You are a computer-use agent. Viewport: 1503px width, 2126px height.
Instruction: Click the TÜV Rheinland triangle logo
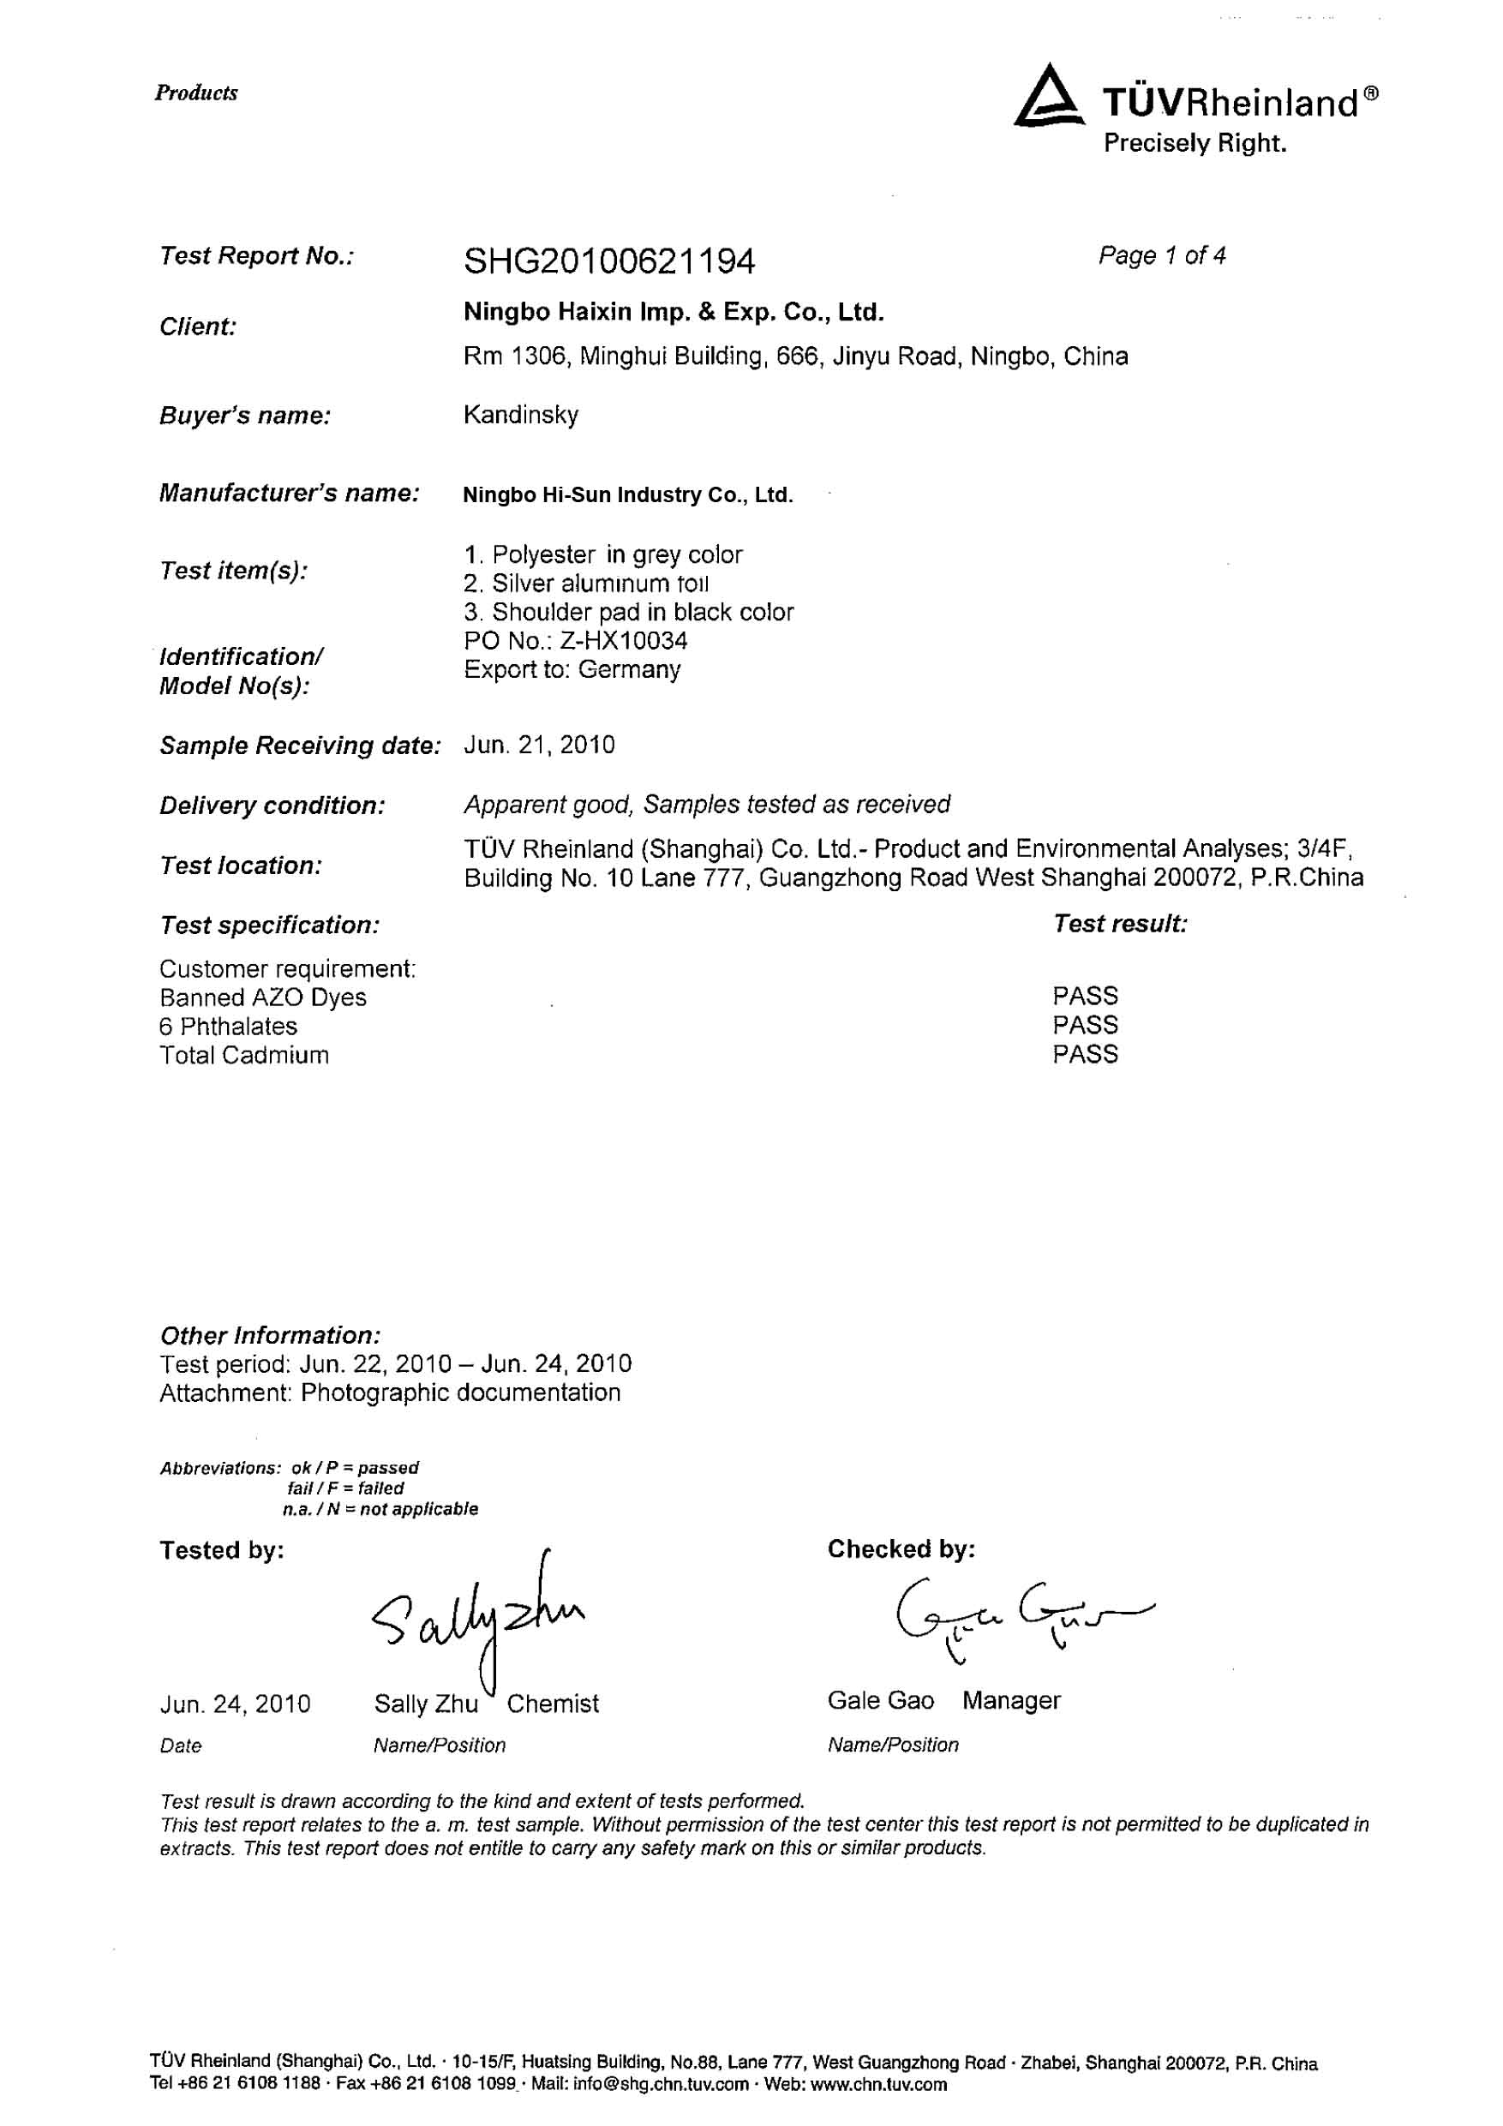[1049, 96]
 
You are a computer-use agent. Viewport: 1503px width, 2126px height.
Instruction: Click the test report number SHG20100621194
[608, 262]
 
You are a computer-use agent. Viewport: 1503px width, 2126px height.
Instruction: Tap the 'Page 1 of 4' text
[1161, 255]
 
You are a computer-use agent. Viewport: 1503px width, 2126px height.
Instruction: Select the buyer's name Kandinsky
[520, 414]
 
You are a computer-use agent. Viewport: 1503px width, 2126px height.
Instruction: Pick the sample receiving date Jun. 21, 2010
[539, 746]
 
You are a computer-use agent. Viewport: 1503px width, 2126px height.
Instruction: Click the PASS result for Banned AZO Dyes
[1085, 997]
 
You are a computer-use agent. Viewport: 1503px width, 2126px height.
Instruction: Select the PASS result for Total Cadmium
[1085, 1054]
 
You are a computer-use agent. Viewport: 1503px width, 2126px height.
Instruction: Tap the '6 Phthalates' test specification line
[228, 1026]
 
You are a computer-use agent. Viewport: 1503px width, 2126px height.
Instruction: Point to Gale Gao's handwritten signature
[1019, 1616]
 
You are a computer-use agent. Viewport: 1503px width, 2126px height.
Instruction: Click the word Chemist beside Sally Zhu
[552, 1704]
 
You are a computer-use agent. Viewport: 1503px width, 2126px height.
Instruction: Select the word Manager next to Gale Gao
[1010, 1700]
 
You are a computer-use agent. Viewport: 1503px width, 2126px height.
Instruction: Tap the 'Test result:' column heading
[1120, 923]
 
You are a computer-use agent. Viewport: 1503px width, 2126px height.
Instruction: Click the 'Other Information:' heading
[269, 1335]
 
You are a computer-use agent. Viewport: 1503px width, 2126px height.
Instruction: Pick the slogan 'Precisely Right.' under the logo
[1195, 143]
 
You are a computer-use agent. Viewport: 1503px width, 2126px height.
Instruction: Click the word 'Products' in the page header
[196, 93]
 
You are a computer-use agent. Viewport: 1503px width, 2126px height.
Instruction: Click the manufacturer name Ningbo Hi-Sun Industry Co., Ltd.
[628, 495]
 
